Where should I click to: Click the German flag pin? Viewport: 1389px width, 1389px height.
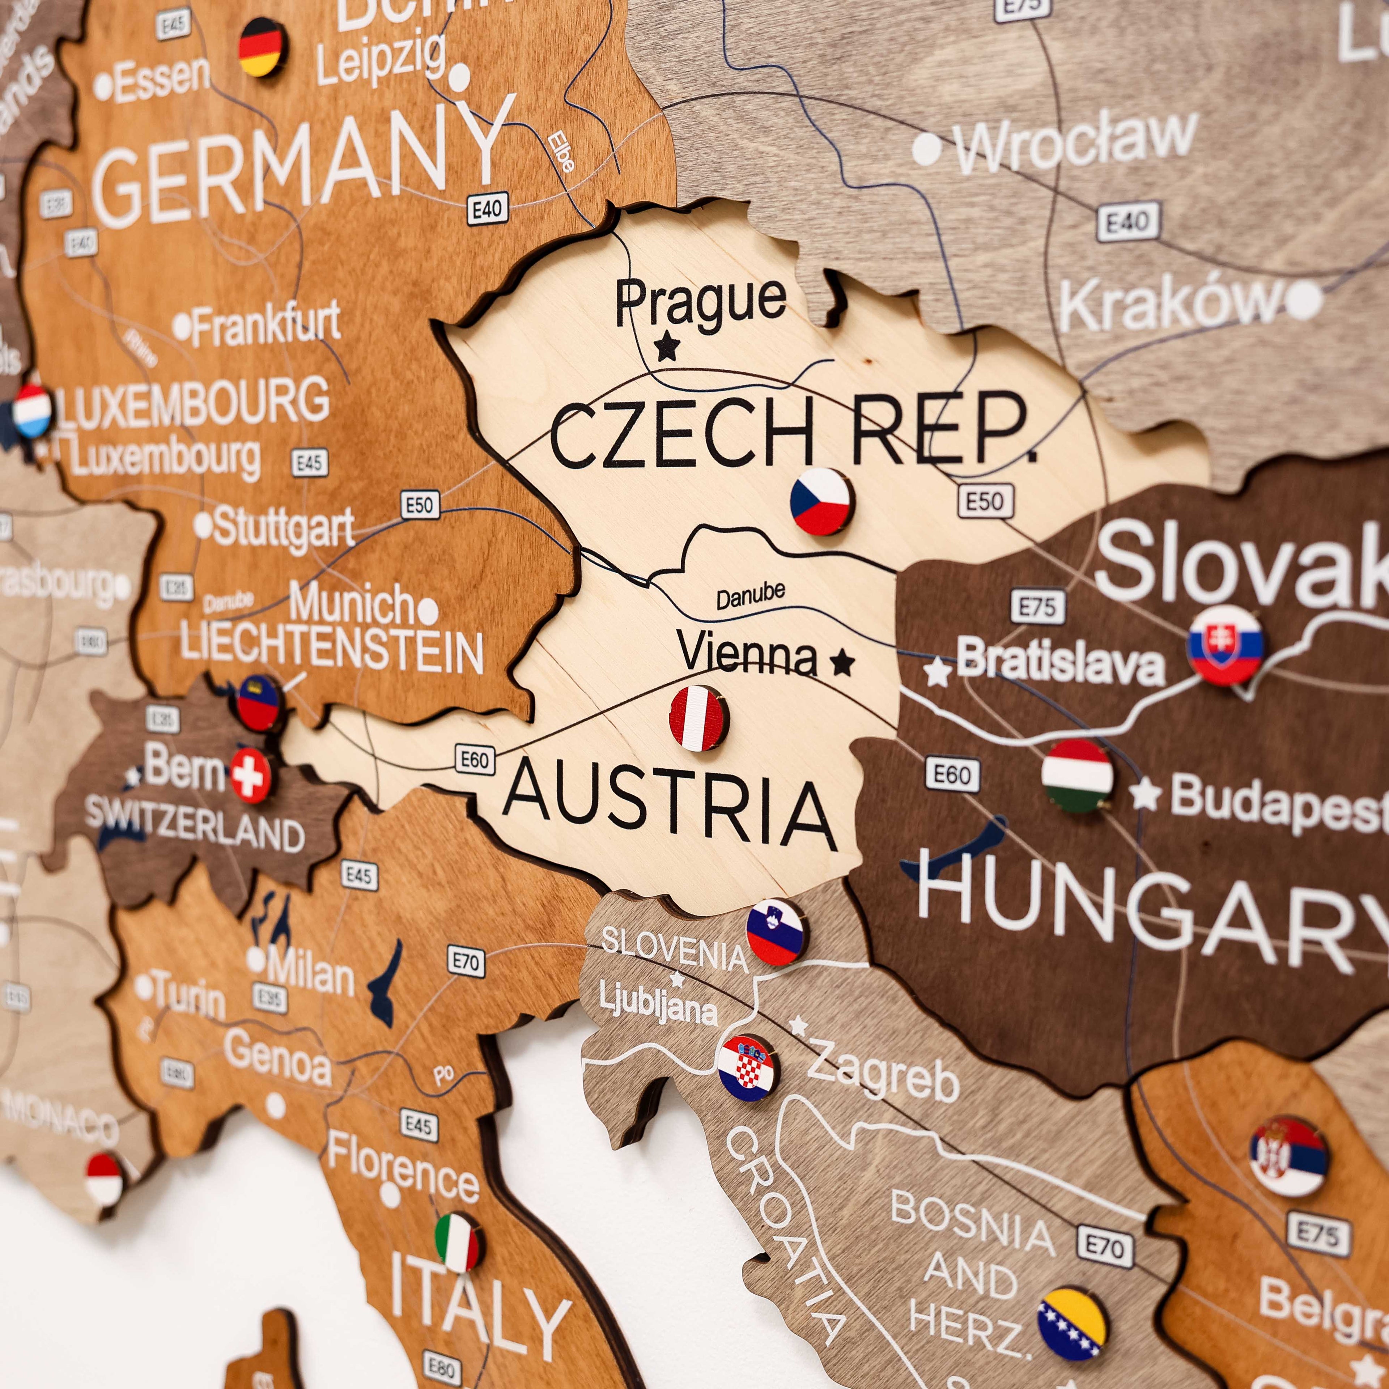tap(260, 47)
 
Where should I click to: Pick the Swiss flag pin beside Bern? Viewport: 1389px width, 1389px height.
tap(250, 775)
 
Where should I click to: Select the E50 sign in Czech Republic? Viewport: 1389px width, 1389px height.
tap(985, 501)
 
